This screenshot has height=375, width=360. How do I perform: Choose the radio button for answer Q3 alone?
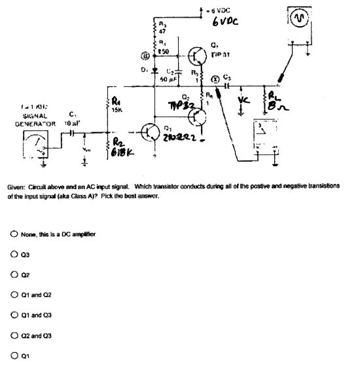[14, 255]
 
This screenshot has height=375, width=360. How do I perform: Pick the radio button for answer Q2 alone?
[14, 275]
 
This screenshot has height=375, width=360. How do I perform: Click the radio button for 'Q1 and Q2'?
[14, 295]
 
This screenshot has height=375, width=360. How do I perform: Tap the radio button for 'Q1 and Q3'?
[14, 315]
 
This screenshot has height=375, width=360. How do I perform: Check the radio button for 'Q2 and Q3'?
[14, 336]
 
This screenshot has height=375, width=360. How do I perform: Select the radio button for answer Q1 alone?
[14, 356]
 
